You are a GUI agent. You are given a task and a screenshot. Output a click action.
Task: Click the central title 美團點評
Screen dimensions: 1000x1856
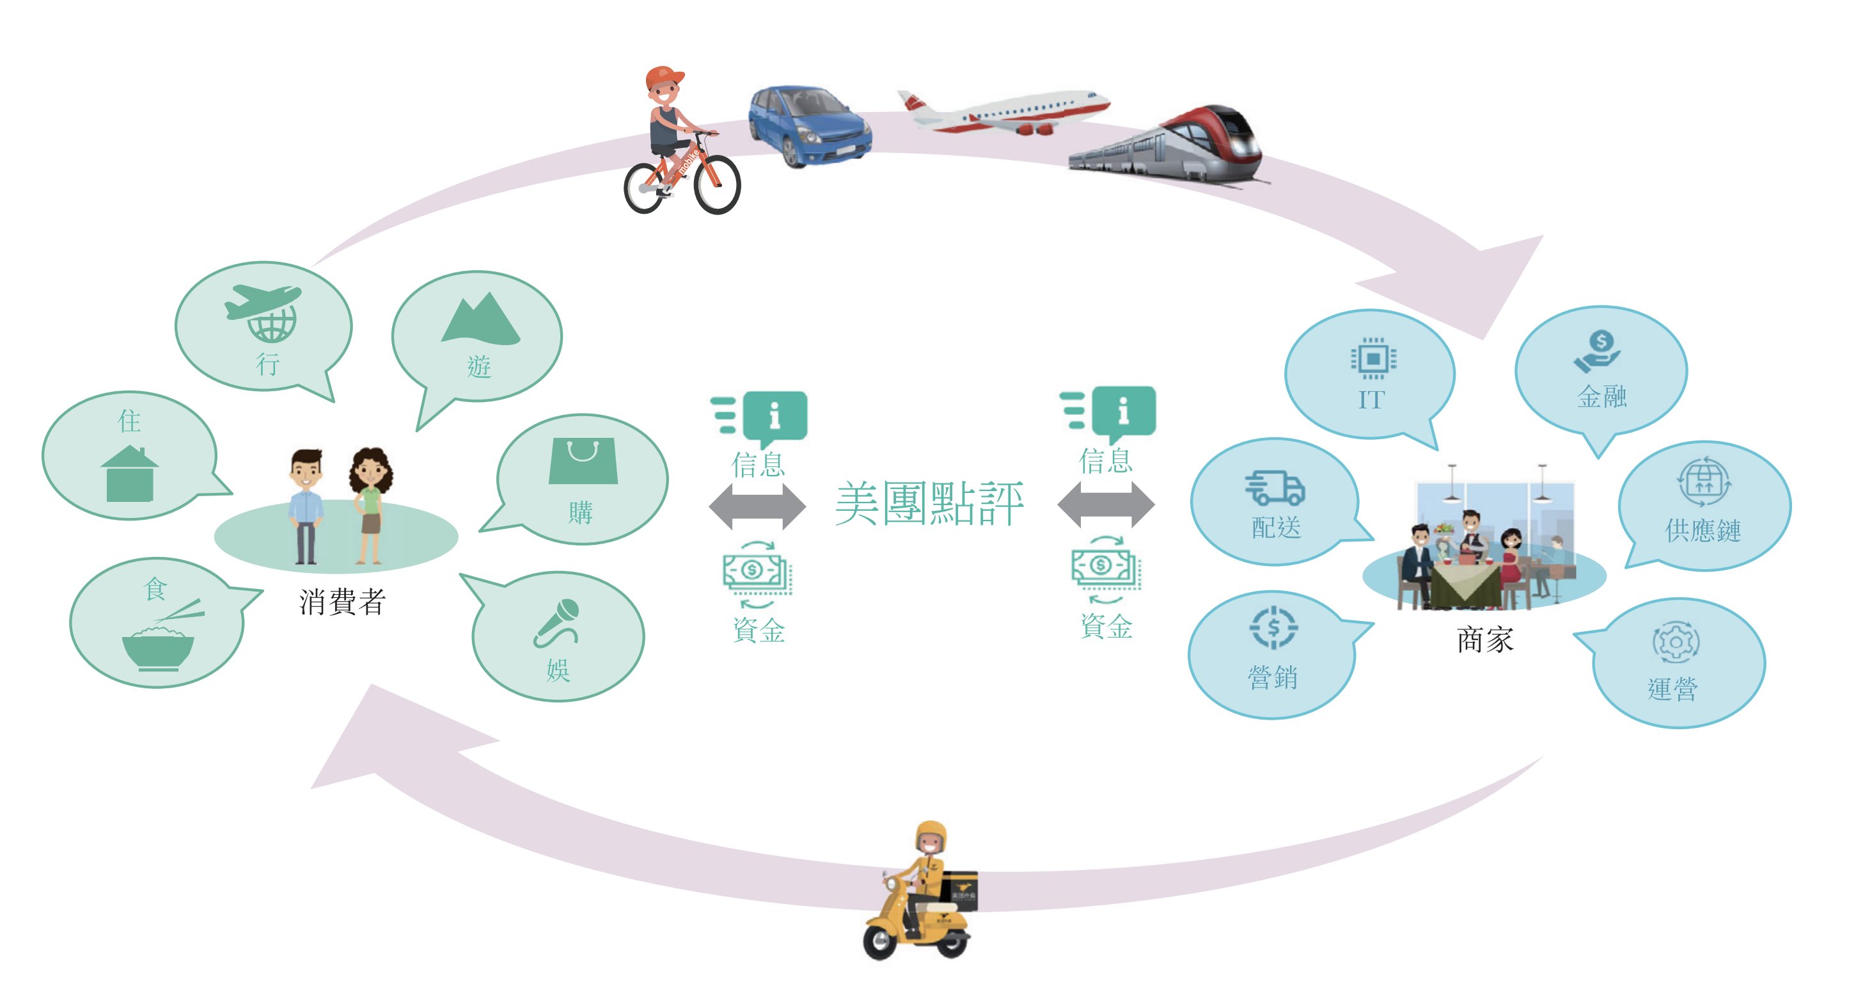coord(929,503)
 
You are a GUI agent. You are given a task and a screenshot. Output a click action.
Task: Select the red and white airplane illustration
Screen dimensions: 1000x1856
coord(1005,112)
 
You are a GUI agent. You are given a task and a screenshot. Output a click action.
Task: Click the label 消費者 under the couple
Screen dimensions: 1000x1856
coord(342,601)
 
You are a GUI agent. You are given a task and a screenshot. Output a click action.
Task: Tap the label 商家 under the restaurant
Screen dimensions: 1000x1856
coord(1485,640)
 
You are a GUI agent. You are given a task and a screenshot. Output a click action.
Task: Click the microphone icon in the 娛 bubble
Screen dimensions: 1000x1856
coord(556,622)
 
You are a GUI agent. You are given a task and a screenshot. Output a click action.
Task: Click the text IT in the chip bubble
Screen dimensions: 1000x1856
coord(1371,399)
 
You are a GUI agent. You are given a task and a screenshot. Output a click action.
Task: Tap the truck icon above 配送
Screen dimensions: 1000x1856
coord(1275,487)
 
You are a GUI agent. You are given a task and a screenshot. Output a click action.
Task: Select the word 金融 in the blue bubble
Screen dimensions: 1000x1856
coord(1601,396)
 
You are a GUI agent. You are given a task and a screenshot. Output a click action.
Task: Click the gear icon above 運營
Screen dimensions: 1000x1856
coord(1675,641)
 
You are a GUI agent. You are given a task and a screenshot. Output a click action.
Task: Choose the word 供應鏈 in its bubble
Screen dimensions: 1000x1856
coord(1703,530)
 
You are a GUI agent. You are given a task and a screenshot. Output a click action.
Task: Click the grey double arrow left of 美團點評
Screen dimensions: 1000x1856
coord(757,506)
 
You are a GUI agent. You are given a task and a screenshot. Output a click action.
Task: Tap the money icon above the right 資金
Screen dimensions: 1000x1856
coord(1104,567)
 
